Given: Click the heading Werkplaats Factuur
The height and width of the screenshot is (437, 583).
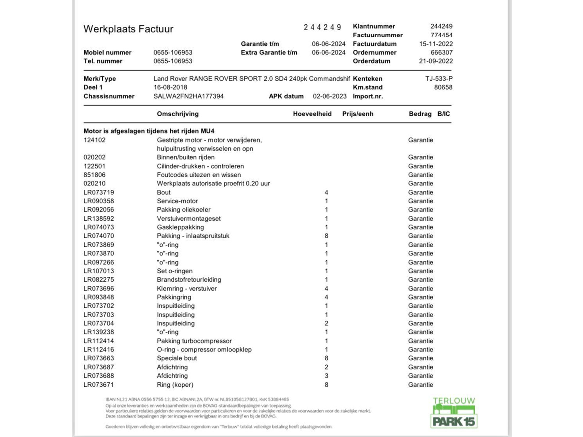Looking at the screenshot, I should coord(128,29).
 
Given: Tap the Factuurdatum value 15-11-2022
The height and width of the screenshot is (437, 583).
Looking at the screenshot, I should coord(436,44).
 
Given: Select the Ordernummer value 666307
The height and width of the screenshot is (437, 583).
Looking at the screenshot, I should coord(442,53).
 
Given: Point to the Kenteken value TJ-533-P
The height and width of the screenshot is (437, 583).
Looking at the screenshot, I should coord(439,79).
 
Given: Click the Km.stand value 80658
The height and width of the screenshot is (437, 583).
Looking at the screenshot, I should coord(443,87).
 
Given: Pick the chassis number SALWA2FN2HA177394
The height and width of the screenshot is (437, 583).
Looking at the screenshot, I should coord(188,96).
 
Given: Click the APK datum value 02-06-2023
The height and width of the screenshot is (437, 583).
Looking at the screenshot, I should coord(329,96).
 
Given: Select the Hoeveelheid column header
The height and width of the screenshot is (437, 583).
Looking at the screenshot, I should coord(312,114).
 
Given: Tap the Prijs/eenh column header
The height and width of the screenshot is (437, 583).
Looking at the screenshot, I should coord(358,114).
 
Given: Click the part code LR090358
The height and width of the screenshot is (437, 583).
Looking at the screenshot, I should coord(99,201).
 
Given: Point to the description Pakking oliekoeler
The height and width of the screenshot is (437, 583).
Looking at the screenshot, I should coord(183,210).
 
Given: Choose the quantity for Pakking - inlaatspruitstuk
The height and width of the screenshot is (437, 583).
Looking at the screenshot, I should coord(326,236).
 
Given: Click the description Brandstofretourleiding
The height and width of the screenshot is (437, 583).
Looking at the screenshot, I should coord(189,279).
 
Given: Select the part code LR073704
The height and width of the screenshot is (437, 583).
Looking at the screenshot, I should coord(99,323).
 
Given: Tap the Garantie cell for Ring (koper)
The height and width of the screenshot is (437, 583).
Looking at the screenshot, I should coord(421,384).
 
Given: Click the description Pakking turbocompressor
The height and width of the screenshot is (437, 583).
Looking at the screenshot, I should coord(194,341).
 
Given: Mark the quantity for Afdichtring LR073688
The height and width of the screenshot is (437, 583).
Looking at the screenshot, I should coord(326,376).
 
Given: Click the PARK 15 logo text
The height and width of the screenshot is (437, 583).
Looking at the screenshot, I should coord(454,422).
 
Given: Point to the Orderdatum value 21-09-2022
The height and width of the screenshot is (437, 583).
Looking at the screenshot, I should coord(436,61).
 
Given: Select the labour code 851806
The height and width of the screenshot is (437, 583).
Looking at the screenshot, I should coord(94,175).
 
